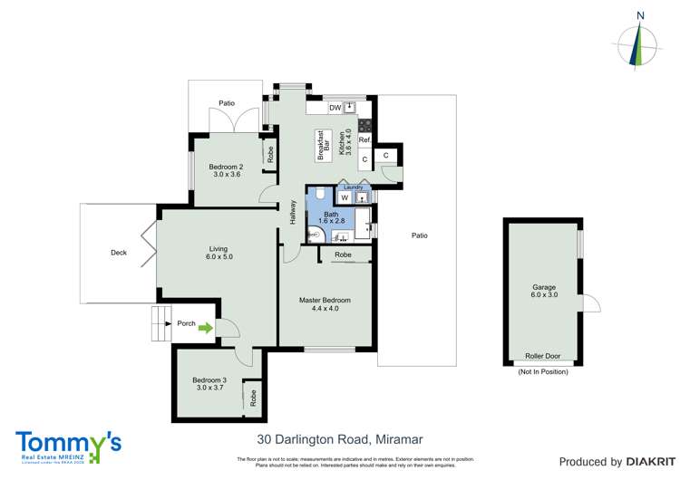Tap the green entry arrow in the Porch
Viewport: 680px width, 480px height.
[206, 329]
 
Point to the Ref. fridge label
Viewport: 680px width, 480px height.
[364, 140]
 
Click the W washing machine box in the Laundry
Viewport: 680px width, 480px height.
[345, 197]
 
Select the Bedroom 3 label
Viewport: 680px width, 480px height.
[209, 383]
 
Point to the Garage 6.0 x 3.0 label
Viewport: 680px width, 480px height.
[544, 293]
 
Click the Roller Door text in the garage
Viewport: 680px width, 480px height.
[543, 356]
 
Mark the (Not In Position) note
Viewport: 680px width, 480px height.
[543, 371]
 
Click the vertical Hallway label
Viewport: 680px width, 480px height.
[293, 212]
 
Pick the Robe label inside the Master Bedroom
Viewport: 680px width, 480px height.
[343, 255]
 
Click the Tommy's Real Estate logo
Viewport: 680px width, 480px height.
[68, 446]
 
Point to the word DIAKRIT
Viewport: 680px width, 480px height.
[646, 462]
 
